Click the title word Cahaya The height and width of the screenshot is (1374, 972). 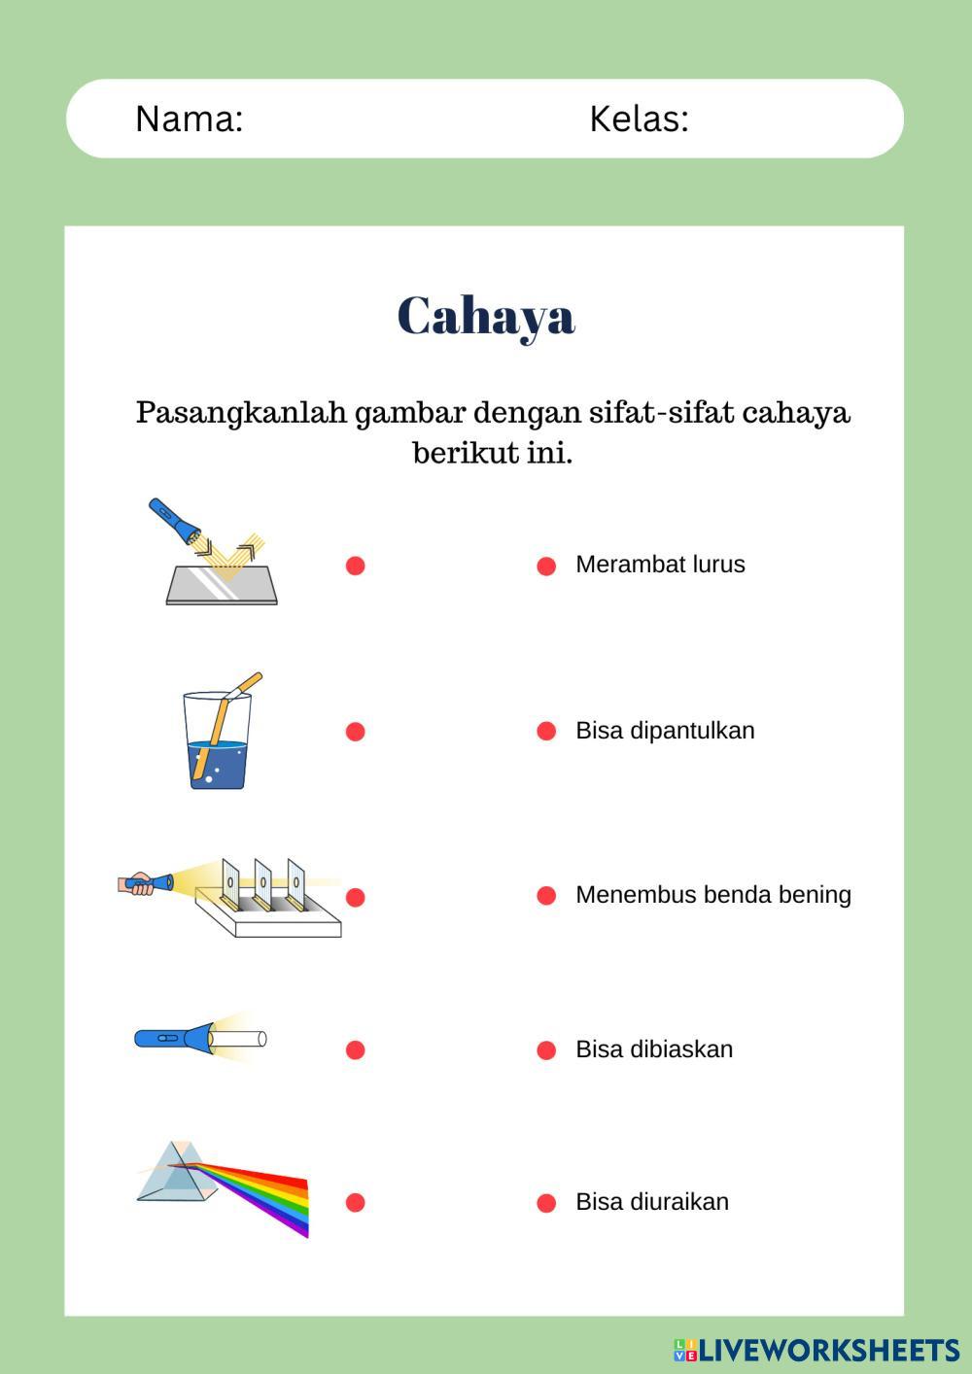pyautogui.click(x=486, y=316)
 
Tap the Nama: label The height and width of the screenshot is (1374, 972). pyautogui.click(x=189, y=119)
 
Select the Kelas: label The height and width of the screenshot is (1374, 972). pyautogui.click(x=639, y=119)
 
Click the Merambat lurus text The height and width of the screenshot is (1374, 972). pyautogui.click(x=660, y=565)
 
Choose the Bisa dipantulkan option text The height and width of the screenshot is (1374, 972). pyautogui.click(x=665, y=731)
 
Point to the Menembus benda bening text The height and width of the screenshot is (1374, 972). pyautogui.click(x=712, y=895)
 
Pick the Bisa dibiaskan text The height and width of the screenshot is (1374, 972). pyautogui.click(x=654, y=1049)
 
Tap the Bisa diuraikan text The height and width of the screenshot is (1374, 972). pyautogui.click(x=652, y=1202)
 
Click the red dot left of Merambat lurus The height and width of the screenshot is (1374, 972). pyautogui.click(x=546, y=566)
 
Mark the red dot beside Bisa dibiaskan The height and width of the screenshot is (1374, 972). pyautogui.click(x=546, y=1050)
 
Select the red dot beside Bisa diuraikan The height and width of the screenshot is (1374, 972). pyautogui.click(x=546, y=1203)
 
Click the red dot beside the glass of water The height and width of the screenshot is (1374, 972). pyautogui.click(x=356, y=732)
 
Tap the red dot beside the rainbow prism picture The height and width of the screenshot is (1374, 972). pyautogui.click(x=356, y=1203)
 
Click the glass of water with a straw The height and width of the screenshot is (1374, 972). pyautogui.click(x=218, y=739)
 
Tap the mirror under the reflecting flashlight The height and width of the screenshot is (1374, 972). pyautogui.click(x=222, y=585)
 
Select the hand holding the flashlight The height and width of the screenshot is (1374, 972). pyautogui.click(x=139, y=884)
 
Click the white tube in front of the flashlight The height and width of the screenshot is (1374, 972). pyautogui.click(x=238, y=1039)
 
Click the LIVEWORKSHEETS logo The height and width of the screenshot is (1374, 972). pyautogui.click(x=816, y=1350)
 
